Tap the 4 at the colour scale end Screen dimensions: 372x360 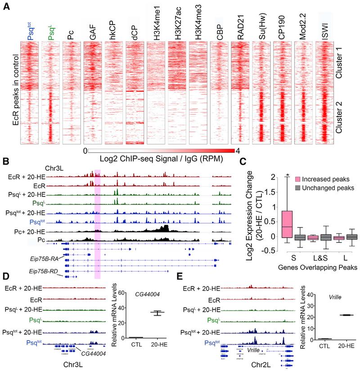coord(237,151)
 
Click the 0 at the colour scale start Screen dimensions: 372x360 coord(85,151)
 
